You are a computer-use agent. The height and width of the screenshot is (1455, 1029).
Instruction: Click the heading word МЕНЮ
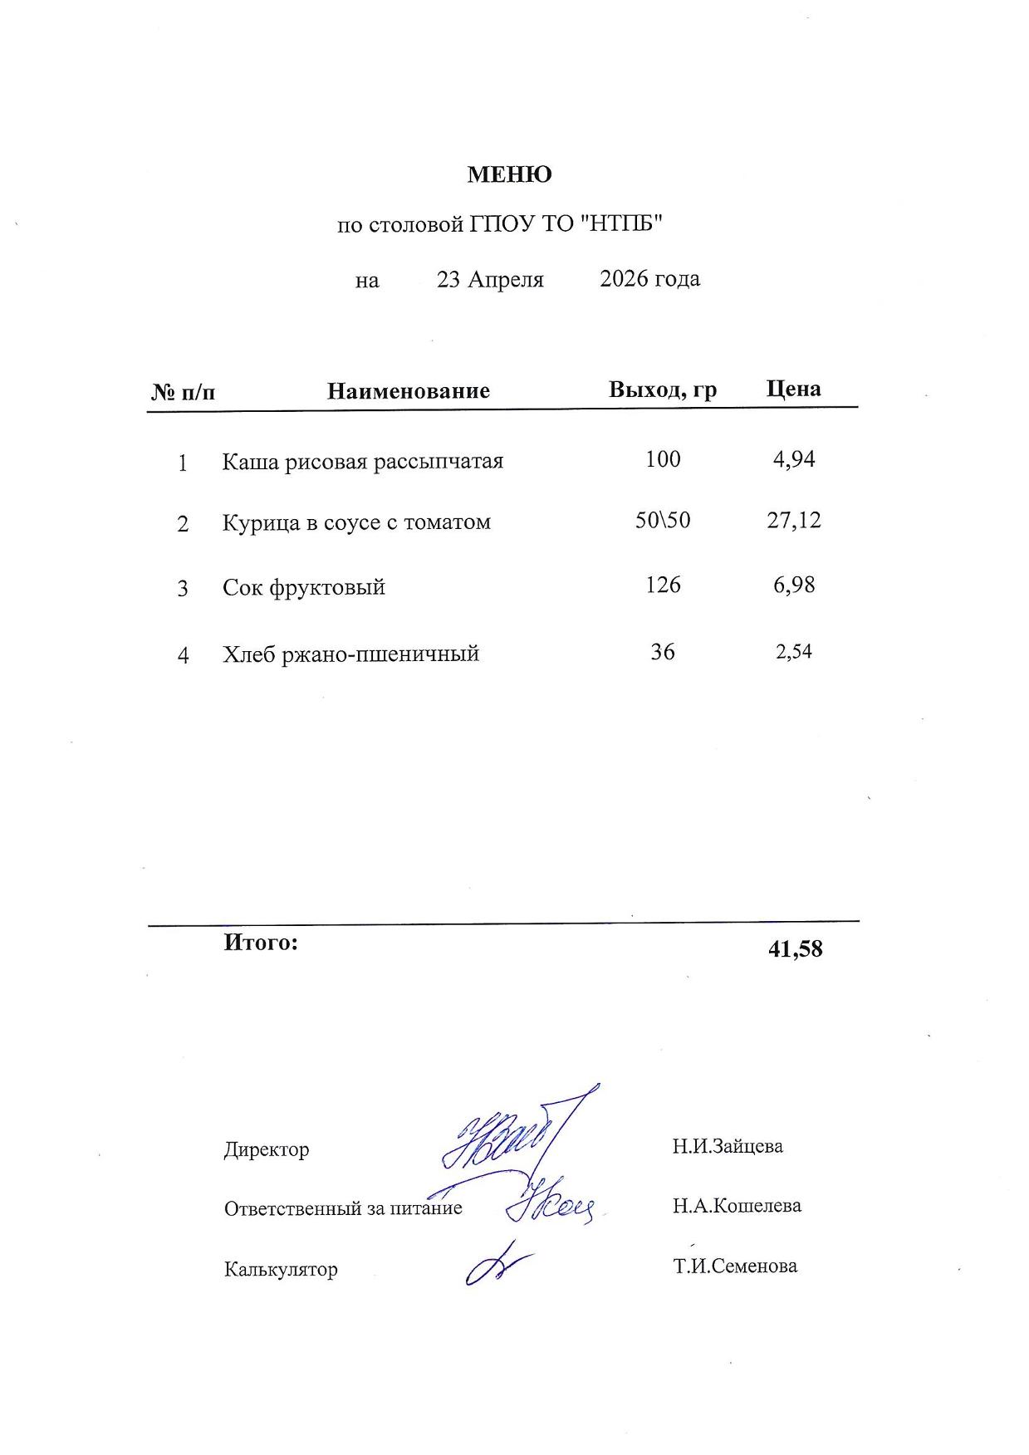coord(509,174)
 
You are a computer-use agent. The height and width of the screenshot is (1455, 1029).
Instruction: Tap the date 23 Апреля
coord(490,279)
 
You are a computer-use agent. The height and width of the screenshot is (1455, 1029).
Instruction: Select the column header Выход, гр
coord(662,389)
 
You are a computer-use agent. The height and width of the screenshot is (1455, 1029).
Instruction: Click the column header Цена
coord(793,389)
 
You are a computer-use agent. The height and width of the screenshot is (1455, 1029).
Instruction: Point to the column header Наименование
coord(408,390)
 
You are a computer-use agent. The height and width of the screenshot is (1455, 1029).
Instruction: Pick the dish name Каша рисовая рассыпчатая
coord(362,461)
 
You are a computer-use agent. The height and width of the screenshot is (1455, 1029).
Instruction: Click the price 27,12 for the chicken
coord(793,520)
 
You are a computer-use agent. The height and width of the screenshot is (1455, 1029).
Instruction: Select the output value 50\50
coord(662,520)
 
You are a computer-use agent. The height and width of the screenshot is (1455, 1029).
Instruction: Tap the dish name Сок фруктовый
coord(303,587)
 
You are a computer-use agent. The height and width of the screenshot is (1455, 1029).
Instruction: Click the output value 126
coord(663,585)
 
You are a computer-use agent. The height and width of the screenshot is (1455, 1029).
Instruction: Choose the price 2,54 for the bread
coord(793,651)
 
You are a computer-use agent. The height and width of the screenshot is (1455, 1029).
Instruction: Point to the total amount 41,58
coord(795,948)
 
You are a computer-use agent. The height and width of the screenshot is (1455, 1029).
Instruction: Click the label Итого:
coord(260,943)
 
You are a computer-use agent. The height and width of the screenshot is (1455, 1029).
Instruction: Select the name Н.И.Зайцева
coord(727,1146)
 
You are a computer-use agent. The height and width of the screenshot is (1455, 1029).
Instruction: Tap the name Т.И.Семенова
coord(734,1266)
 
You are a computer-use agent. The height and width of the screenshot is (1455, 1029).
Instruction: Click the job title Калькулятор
coord(281,1269)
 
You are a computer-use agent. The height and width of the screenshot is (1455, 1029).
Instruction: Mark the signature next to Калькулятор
coord(495,1266)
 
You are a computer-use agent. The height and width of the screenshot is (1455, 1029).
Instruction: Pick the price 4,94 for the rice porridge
coord(793,459)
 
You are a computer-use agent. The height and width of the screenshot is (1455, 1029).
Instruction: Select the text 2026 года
coord(649,278)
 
